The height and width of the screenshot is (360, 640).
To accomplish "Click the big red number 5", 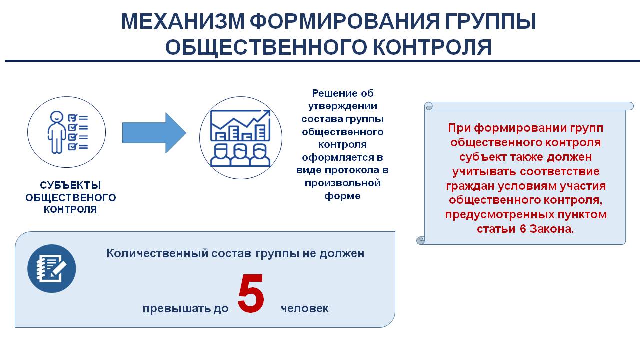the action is point(251,293).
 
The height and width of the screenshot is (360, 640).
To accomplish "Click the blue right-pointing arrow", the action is point(154,133).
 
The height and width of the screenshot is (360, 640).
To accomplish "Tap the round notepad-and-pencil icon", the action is point(51,268).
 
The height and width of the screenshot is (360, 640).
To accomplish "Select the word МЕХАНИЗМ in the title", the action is point(183,21).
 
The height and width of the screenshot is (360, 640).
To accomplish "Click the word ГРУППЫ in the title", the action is point(491,21).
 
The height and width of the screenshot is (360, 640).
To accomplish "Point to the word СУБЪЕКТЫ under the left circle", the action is point(70,185).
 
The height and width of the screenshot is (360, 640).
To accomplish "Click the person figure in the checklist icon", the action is point(56,132).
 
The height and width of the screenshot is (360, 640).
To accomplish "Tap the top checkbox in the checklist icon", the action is point(72,118).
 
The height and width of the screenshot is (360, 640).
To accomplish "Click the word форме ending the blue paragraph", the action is point(342,196).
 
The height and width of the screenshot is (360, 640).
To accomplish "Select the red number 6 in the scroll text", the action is point(523,229).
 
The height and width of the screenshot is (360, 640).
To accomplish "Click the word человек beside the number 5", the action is point(305,308).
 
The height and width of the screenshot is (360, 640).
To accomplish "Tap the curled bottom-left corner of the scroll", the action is point(421,240).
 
